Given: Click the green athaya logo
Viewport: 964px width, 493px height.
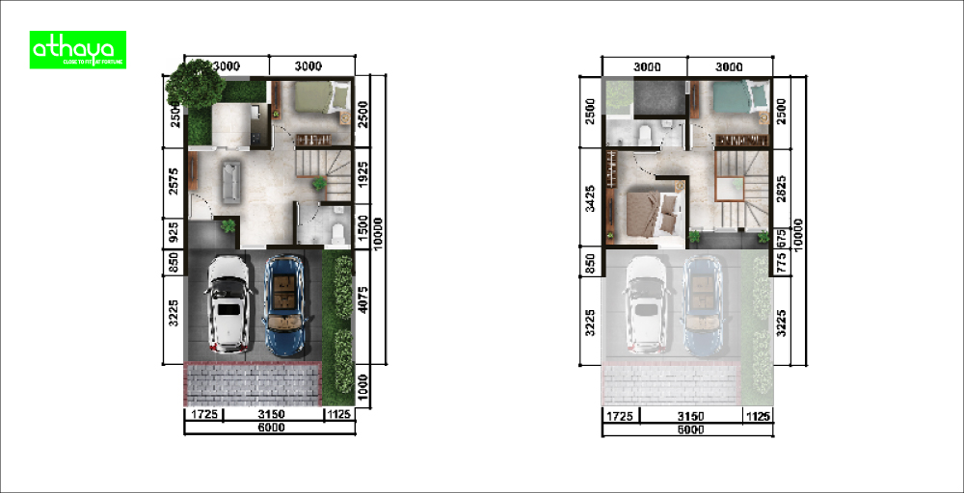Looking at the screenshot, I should tap(78, 50).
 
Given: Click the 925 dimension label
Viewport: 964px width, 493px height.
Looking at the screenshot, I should tap(174, 231).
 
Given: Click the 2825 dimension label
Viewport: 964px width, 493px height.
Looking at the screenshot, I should tap(782, 190).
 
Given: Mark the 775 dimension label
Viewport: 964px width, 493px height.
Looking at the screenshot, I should tap(782, 261).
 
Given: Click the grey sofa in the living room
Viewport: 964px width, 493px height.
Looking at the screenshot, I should tap(230, 180).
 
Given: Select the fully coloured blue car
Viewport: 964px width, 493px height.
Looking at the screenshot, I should tap(285, 302).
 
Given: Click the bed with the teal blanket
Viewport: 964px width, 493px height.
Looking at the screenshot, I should tap(736, 99).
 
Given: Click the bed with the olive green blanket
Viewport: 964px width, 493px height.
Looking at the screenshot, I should tap(319, 97).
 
